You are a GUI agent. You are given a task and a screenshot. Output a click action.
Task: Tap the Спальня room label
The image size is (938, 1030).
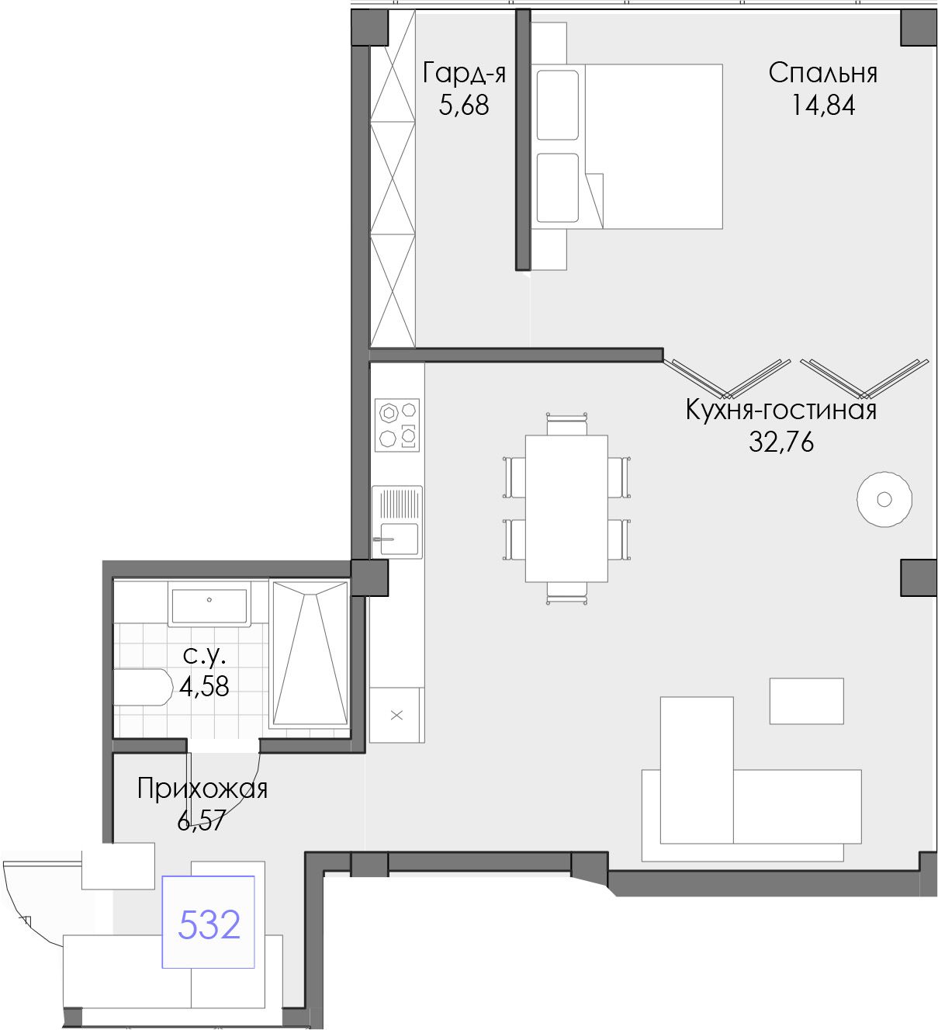coord(822,73)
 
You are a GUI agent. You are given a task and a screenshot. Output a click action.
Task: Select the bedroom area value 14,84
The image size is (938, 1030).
coord(823,106)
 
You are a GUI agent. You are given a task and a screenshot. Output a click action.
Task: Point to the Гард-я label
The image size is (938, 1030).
coord(464,74)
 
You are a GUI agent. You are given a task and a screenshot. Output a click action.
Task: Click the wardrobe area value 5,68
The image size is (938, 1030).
coord(464,106)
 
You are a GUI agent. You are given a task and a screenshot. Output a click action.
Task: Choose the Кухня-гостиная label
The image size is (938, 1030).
coord(781,411)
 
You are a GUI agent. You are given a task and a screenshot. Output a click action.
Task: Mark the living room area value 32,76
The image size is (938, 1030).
coord(781,442)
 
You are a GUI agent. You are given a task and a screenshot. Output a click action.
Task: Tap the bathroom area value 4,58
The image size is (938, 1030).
coord(204,686)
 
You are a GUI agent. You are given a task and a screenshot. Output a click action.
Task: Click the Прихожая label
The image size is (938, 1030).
coord(202,789)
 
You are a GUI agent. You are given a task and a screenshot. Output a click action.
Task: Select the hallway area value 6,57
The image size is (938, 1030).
coord(201,820)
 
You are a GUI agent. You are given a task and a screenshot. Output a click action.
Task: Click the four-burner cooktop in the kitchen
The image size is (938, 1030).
coord(397,425)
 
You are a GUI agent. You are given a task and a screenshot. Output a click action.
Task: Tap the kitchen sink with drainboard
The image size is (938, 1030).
coord(397,522)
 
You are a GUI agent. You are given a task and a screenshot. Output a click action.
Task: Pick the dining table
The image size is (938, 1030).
coord(566,508)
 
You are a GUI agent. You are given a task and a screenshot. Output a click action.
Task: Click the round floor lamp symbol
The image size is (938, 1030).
coord(884,499)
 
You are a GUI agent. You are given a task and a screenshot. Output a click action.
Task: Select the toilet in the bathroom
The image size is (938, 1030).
coord(143,687)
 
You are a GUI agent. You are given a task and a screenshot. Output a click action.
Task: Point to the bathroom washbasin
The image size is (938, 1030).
coord(209,604)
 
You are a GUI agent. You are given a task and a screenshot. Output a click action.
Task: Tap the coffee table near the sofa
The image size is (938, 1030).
coord(806,701)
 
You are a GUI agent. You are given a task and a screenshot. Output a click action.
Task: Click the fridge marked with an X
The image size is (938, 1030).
coord(396,715)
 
